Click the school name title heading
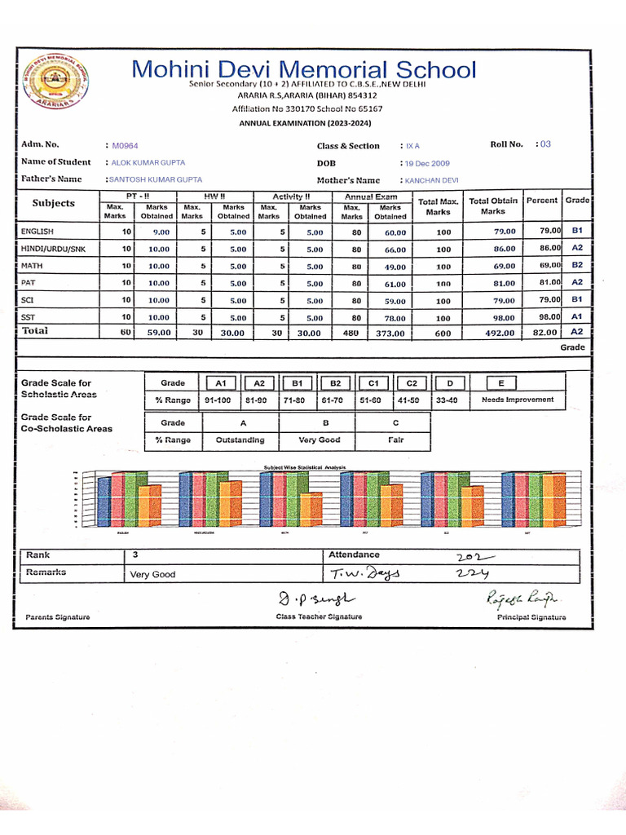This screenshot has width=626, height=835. point(304,69)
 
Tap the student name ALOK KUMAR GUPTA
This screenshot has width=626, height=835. point(148,162)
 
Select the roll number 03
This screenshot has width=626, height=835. point(545,144)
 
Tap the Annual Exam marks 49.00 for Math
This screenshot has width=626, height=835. point(395,267)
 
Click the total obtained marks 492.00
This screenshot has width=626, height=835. point(498,333)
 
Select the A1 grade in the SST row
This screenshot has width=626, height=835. point(576,316)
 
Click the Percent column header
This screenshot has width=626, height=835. point(541,201)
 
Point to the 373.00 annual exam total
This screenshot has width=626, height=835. point(390,333)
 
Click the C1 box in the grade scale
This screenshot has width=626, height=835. point(373,383)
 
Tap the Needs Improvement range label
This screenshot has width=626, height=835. point(517,400)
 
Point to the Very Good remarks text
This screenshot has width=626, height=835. point(152,575)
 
